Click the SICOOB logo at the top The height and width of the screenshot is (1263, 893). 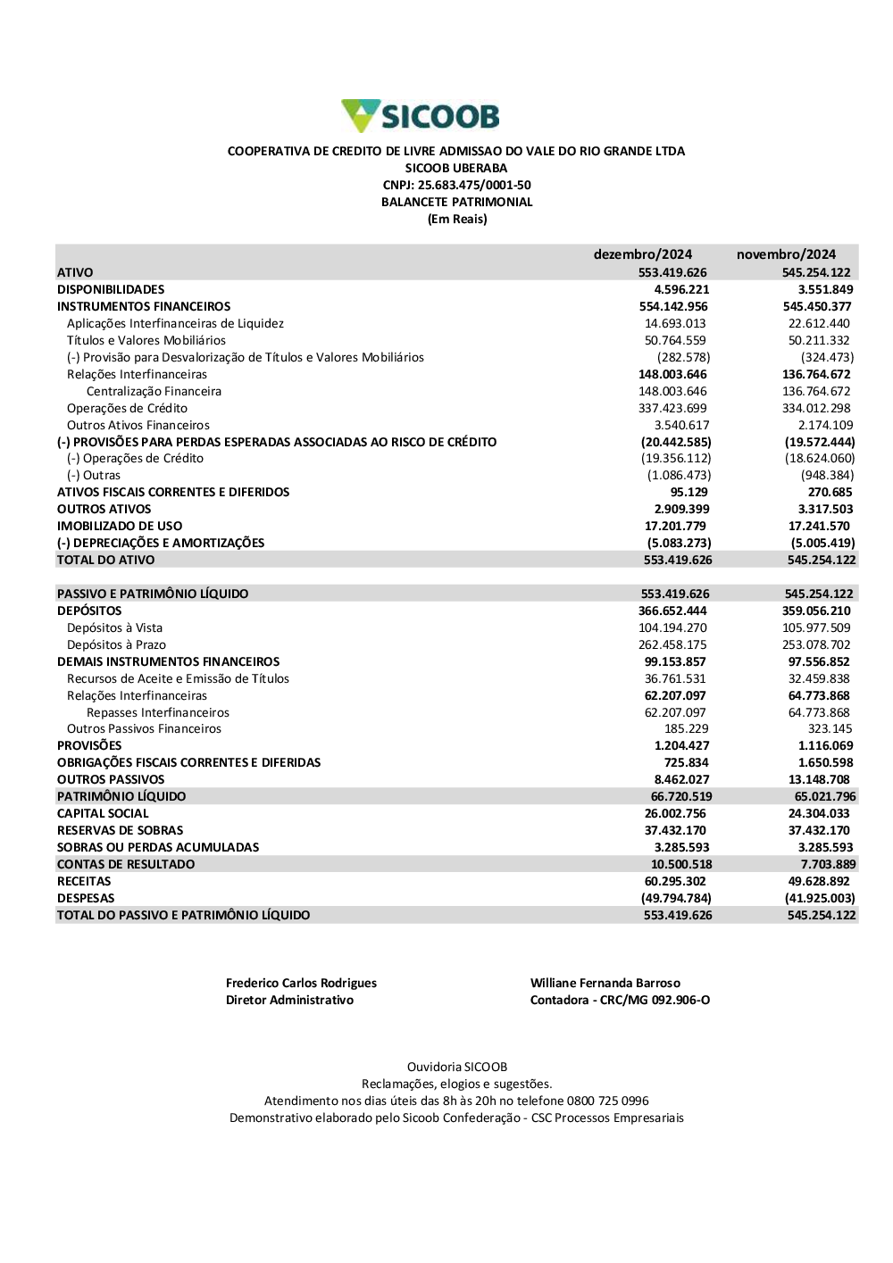[x=421, y=116]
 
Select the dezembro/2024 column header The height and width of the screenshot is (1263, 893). [x=642, y=254]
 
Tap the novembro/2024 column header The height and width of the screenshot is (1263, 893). [x=786, y=254]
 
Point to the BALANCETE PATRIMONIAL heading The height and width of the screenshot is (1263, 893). [x=456, y=202]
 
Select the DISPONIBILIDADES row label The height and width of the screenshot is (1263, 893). [x=111, y=289]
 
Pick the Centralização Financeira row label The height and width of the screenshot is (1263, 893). [x=154, y=391]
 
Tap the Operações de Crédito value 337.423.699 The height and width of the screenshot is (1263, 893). [x=672, y=408]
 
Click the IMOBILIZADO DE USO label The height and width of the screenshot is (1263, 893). [x=120, y=526]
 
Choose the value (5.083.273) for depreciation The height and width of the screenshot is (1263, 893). [x=679, y=543]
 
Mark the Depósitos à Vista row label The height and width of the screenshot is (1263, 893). [x=114, y=627]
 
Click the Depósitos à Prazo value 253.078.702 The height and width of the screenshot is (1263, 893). [x=816, y=644]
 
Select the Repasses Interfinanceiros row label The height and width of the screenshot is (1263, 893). [x=158, y=712]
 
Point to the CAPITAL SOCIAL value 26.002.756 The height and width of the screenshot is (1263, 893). [x=675, y=813]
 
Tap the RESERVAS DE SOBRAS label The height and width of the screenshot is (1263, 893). [x=120, y=830]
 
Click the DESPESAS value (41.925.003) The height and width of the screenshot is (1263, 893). [x=820, y=898]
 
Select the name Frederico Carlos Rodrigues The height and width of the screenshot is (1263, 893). [x=301, y=983]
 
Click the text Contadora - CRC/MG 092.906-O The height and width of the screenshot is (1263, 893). [x=620, y=1000]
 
